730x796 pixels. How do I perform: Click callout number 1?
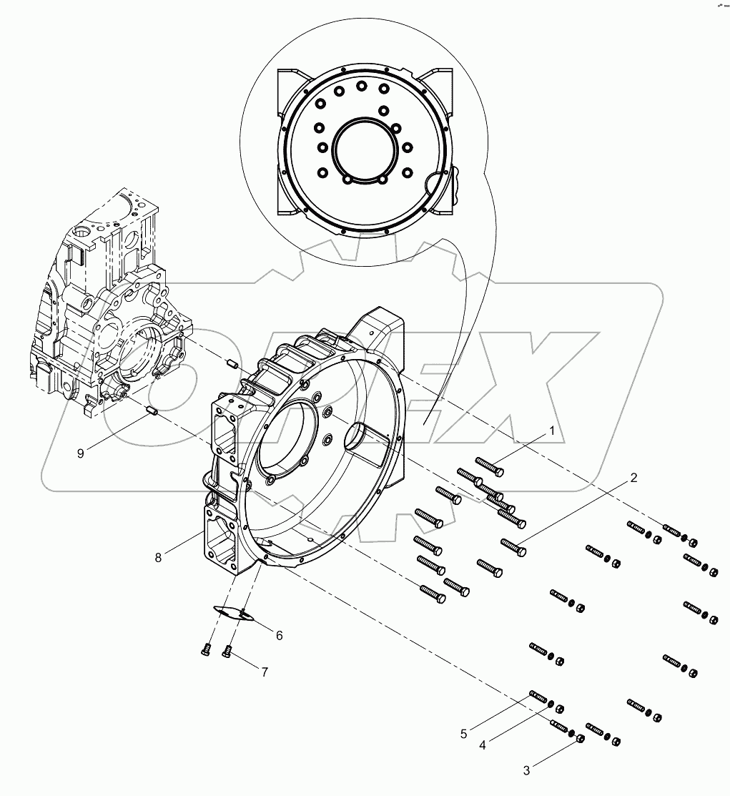[552, 431]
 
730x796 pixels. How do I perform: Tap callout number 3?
[527, 770]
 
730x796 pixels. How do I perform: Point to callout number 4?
[483, 745]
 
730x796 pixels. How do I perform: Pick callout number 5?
[463, 733]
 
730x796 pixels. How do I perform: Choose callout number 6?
[279, 635]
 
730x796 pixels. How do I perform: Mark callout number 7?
[264, 672]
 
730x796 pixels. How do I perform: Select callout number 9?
[81, 453]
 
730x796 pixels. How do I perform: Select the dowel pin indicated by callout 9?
[151, 411]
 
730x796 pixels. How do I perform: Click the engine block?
[107, 308]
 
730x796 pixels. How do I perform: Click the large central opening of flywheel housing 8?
[290, 436]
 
